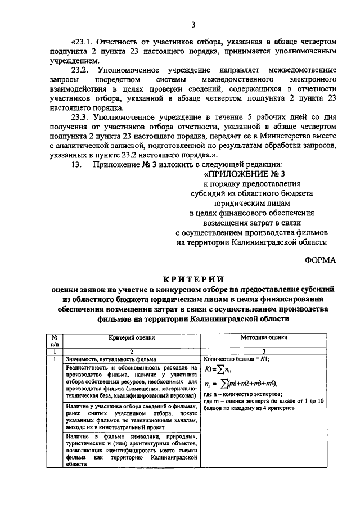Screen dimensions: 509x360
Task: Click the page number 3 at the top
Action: [193, 24]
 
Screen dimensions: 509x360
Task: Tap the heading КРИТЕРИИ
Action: [193, 278]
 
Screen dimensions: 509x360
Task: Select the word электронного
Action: [309, 79]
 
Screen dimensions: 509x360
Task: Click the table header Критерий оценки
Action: [132, 338]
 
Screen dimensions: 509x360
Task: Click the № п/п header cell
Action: [54, 341]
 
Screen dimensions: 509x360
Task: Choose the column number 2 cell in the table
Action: [131, 350]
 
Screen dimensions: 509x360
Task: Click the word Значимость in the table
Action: [82, 358]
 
